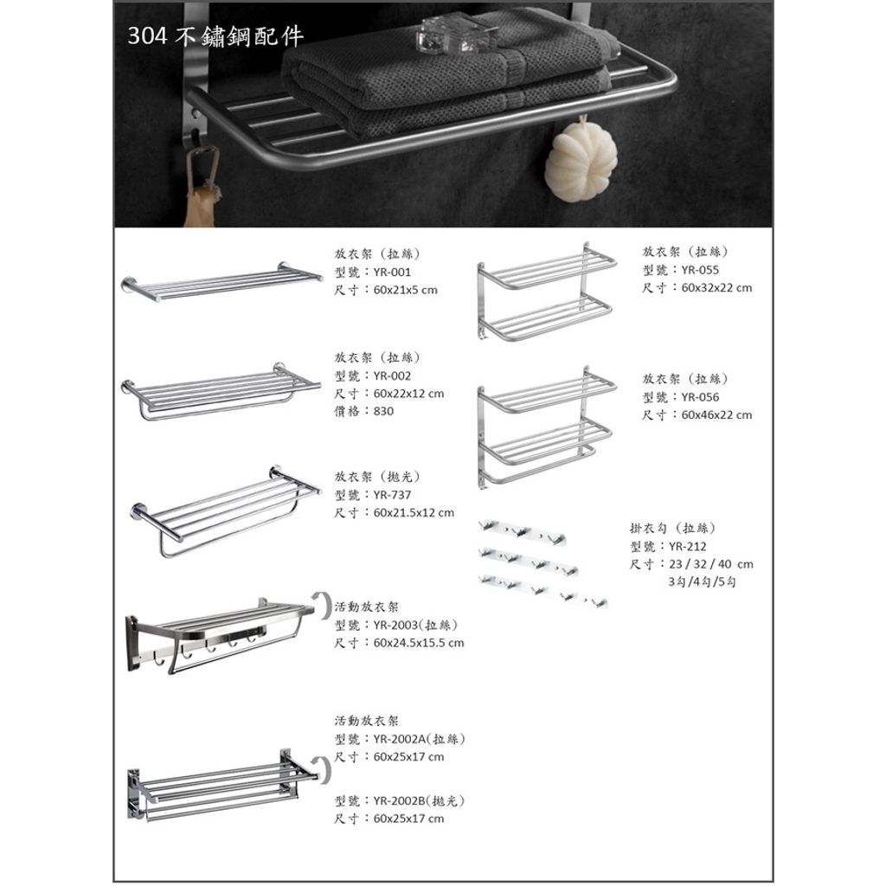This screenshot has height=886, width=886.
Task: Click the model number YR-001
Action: (392, 272)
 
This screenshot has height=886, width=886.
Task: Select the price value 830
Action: (383, 411)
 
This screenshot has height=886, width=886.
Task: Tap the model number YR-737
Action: (392, 495)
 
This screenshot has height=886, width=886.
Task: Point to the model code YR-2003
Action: (395, 625)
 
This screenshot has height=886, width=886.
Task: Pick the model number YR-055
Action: (700, 270)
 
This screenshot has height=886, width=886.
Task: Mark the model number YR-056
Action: (700, 397)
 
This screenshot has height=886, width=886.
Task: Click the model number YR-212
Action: (688, 547)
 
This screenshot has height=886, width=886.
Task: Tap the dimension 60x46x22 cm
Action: (716, 414)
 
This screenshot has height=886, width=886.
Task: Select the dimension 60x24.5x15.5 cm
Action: (419, 643)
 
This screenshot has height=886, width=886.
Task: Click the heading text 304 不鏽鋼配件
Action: (215, 36)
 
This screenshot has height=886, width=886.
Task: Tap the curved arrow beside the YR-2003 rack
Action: (324, 606)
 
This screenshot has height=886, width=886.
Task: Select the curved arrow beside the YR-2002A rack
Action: (324, 768)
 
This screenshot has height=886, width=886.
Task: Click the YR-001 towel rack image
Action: (221, 281)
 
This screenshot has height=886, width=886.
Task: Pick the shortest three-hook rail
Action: (523, 532)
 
